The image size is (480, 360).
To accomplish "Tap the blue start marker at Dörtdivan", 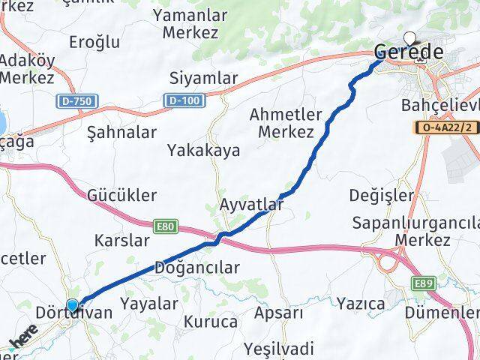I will point(72,305).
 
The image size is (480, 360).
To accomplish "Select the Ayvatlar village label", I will point(253,203).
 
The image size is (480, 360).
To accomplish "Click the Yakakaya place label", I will point(204,150).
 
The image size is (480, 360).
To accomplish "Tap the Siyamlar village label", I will point(204,78).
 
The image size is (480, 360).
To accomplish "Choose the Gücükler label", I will point(121,195).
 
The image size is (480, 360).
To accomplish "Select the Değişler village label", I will point(382,195).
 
